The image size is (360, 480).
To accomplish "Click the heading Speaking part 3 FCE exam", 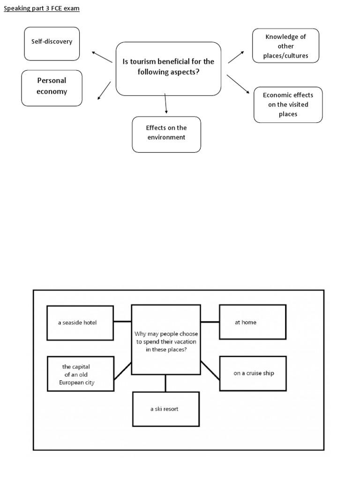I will (42, 9).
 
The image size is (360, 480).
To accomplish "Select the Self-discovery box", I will (52, 44).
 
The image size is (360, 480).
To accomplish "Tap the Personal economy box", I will (52, 88).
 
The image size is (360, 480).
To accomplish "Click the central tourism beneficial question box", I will (168, 68).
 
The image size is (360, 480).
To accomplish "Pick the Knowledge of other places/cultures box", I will (285, 46).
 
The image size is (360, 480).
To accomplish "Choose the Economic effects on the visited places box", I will (288, 105).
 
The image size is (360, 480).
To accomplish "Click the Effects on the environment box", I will (166, 134).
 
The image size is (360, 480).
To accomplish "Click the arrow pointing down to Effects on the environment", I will (166, 104).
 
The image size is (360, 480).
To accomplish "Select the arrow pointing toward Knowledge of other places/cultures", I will (236, 57).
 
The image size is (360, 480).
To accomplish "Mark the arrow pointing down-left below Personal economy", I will (104, 90).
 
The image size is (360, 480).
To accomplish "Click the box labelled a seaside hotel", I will (80, 323).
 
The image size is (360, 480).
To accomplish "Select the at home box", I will (252, 322).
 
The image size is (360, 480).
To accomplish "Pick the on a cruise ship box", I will (252, 373).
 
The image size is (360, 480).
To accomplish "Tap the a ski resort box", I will (166, 409).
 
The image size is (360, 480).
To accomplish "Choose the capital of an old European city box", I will (80, 374).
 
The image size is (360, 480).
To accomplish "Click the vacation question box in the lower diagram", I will (166, 340).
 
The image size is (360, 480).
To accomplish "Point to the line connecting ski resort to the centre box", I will (165, 383).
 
